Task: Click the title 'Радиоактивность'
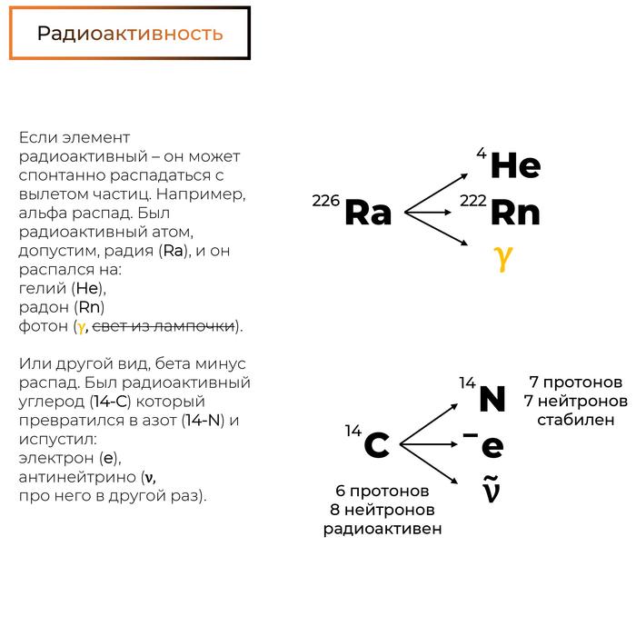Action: click(x=130, y=34)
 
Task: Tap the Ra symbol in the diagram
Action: click(x=368, y=214)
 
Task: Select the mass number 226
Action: click(x=326, y=201)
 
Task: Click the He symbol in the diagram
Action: click(x=515, y=166)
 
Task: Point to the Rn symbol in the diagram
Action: click(x=515, y=214)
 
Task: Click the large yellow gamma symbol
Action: click(x=503, y=257)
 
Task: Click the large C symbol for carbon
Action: click(x=376, y=446)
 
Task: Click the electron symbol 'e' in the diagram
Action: click(x=492, y=446)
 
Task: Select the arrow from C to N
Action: click(x=432, y=420)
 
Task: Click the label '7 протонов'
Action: click(x=576, y=382)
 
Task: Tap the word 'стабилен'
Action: click(x=576, y=419)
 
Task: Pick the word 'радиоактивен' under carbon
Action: click(x=383, y=529)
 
